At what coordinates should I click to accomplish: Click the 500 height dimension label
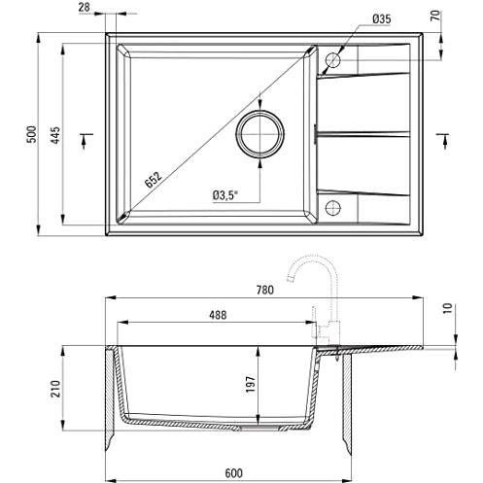(32, 134)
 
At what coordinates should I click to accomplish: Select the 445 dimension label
(55, 135)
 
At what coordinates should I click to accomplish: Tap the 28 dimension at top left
(84, 7)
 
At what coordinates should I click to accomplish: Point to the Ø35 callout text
(382, 19)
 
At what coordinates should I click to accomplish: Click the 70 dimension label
(436, 16)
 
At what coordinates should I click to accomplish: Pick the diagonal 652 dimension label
(153, 180)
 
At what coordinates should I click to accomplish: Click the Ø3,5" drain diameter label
(225, 195)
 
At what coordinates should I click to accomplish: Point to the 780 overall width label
(265, 290)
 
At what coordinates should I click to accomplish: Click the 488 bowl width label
(218, 315)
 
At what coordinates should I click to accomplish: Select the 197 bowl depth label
(251, 384)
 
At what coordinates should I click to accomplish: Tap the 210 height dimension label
(55, 389)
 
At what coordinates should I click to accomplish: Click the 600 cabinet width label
(233, 473)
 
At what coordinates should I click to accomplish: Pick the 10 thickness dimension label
(447, 308)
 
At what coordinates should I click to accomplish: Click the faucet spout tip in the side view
(291, 279)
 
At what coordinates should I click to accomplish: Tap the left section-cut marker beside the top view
(86, 140)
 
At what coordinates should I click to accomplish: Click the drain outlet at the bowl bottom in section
(260, 428)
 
